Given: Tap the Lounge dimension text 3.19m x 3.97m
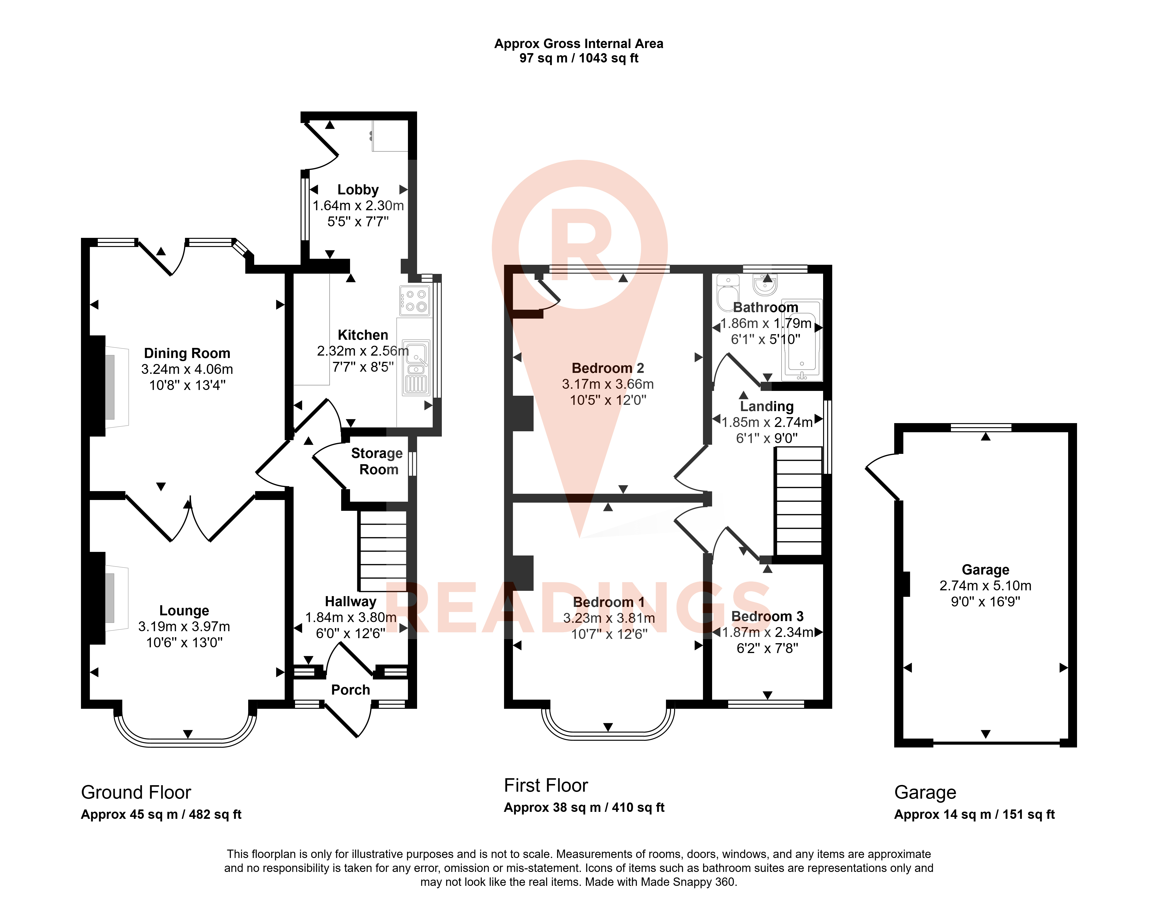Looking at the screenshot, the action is pos(184,627).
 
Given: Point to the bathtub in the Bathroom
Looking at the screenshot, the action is pos(802,340).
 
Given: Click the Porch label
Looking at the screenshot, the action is pos(351,690).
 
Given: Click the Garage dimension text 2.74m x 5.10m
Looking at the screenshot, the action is pos(986,586).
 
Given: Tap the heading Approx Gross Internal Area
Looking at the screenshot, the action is pos(579,43).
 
